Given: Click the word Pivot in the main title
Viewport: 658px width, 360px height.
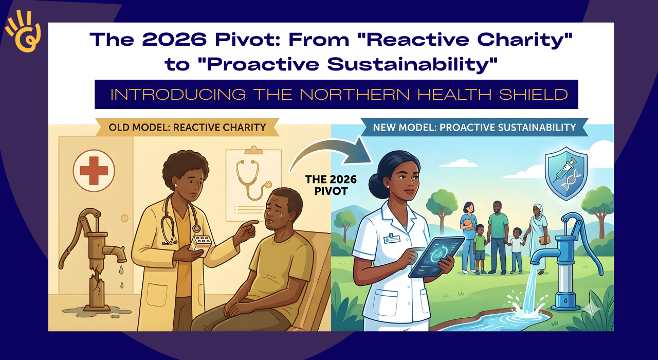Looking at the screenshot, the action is [247, 39].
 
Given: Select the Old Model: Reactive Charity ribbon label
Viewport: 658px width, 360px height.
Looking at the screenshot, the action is [187, 127].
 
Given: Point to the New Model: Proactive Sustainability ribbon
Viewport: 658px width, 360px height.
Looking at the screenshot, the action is [474, 127].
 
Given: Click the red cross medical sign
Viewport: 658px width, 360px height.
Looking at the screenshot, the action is [94, 170].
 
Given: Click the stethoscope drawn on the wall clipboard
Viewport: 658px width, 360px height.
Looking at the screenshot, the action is [252, 179].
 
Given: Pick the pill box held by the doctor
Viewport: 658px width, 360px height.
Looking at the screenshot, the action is [200, 244].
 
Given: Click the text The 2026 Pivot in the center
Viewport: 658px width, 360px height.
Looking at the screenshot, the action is [331, 185].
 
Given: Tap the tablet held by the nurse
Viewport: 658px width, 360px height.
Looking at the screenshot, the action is [436, 256].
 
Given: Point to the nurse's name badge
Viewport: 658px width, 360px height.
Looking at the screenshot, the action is [392, 238].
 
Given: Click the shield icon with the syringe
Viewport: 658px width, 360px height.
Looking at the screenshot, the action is [566, 173].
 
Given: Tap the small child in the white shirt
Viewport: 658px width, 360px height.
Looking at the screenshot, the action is [517, 250].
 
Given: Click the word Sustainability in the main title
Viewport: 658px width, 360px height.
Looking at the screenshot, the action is [413, 64].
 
